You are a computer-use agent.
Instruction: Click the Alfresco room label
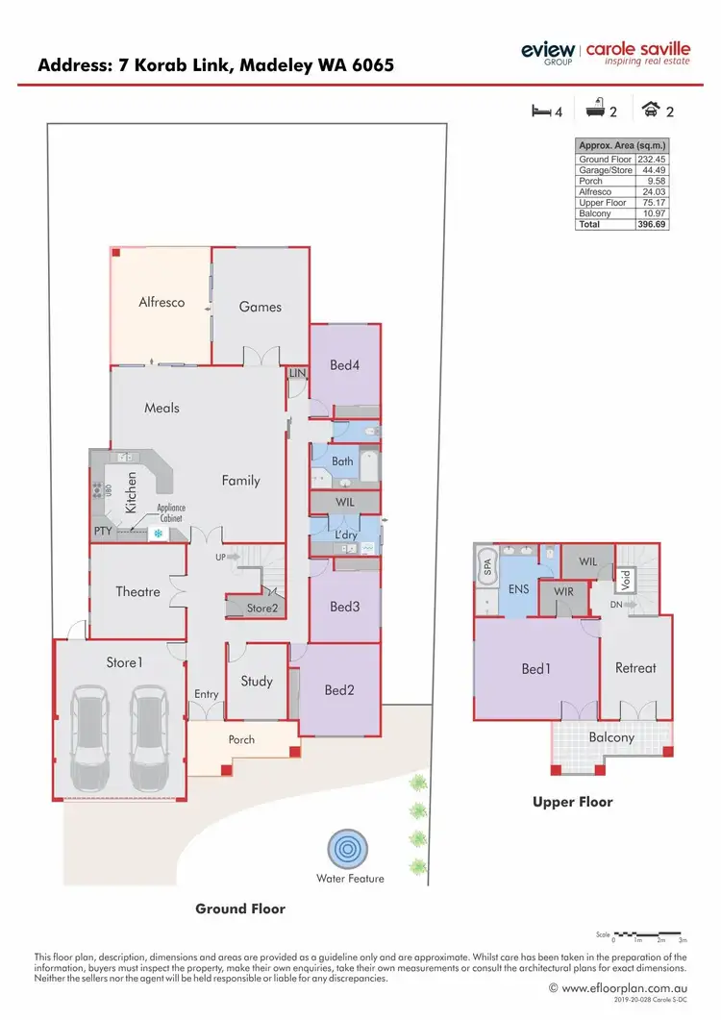162,302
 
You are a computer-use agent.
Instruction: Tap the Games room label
261,307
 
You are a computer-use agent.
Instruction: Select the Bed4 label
344,365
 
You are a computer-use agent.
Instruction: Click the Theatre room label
137,591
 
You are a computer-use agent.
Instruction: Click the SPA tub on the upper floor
485,570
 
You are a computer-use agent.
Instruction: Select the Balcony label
611,737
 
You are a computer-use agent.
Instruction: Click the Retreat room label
635,668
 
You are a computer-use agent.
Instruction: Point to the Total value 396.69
653,224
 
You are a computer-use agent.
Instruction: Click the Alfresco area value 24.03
654,191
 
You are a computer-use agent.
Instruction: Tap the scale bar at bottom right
648,933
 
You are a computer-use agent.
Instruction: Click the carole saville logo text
637,48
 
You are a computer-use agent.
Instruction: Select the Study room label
257,682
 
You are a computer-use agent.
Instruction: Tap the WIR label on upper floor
563,591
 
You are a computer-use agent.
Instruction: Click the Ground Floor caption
240,908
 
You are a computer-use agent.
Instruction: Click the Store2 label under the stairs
261,608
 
